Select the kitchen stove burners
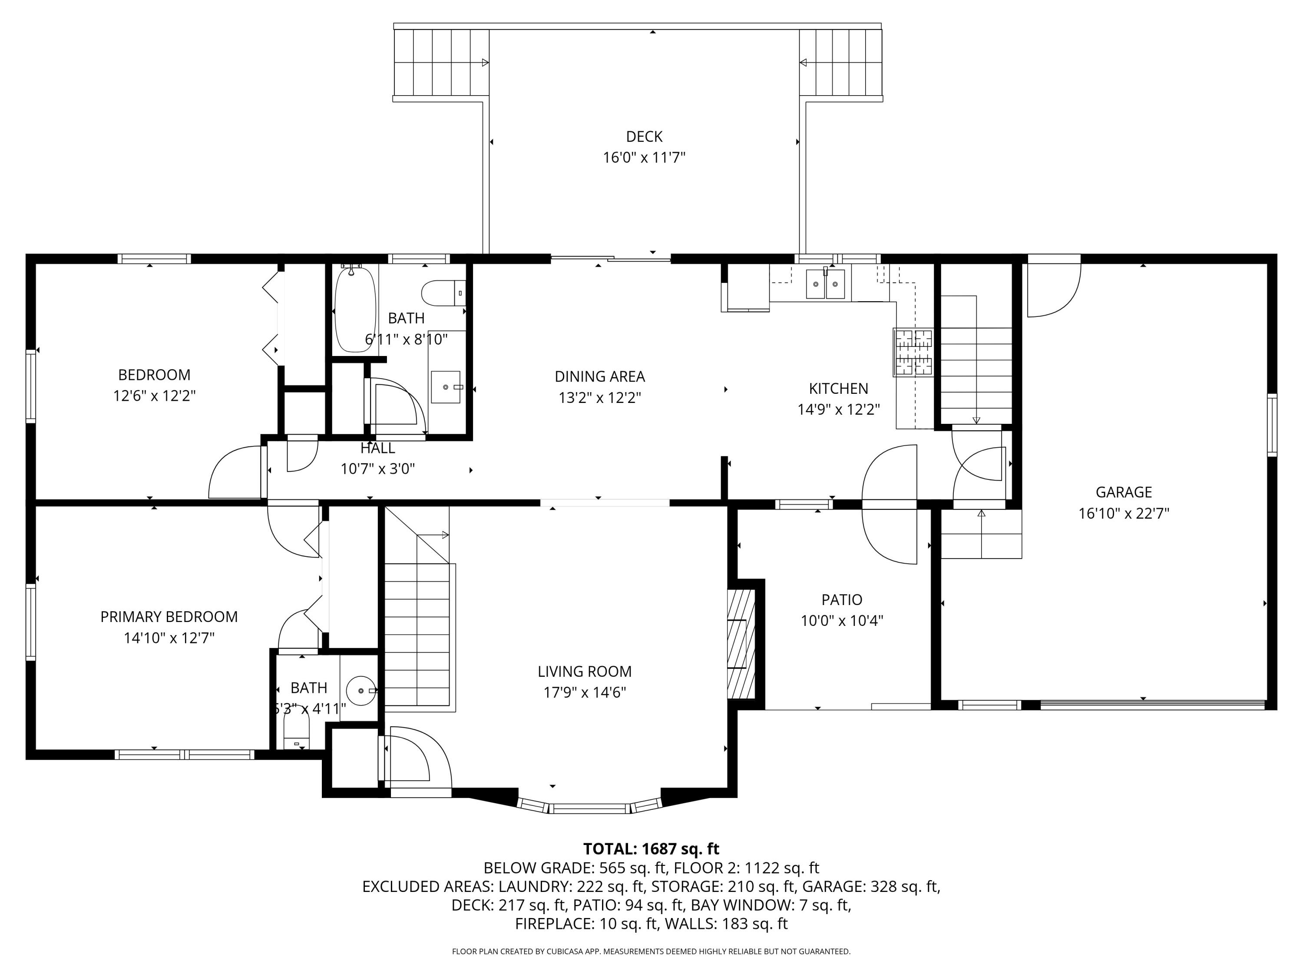914,353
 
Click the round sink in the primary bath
360,690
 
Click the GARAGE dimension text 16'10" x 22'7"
1123,513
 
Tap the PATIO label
842,599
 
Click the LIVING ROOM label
584,672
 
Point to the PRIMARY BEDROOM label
169,617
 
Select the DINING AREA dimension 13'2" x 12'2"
600,398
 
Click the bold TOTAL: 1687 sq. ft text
651,849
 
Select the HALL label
377,448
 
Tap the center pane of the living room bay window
591,808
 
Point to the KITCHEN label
838,389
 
